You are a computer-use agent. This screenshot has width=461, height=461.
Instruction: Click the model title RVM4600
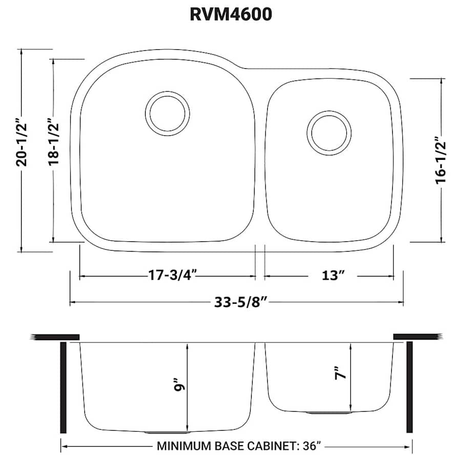pyautogui.click(x=230, y=14)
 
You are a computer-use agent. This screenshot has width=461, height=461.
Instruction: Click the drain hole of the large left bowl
pyautogui.click(x=167, y=113)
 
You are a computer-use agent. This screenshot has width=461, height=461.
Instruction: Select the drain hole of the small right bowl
pyautogui.click(x=329, y=132)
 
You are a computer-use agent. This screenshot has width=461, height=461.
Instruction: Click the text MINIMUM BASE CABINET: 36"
pyautogui.click(x=239, y=446)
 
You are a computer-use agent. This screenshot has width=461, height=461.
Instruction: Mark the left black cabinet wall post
pyautogui.click(x=64, y=387)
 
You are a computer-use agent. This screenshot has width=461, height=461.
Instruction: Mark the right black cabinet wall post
pyautogui.click(x=409, y=387)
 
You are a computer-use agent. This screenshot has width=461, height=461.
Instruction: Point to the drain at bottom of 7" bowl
pyautogui.click(x=329, y=412)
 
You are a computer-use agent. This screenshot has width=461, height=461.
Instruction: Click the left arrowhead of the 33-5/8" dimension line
pyautogui.click(x=72, y=302)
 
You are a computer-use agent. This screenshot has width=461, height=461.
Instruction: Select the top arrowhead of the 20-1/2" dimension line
pyautogui.click(x=21, y=52)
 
